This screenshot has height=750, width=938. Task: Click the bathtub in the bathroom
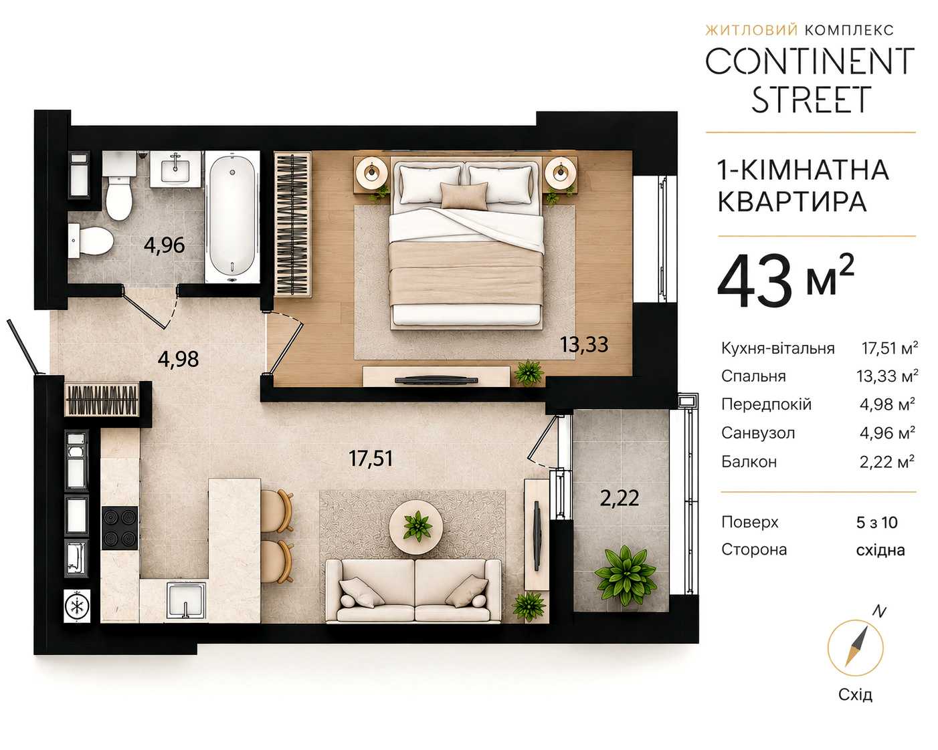point(232,217)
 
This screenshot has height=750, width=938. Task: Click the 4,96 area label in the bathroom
point(165,245)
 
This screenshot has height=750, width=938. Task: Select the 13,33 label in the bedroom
point(585,344)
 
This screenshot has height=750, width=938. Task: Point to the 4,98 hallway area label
point(178,360)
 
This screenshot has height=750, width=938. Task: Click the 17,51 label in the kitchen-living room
point(371,459)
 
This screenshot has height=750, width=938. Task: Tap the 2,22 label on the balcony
point(620,498)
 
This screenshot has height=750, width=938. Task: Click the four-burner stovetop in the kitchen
point(120,528)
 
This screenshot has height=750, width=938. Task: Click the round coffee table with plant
point(416,527)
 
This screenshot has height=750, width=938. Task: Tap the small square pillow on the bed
point(464,195)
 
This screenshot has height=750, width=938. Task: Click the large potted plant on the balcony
point(626,576)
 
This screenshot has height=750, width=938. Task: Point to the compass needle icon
point(855,648)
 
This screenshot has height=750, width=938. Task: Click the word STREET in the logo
point(812,100)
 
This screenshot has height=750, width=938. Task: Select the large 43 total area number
point(755,281)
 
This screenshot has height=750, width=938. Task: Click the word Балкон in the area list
point(749,462)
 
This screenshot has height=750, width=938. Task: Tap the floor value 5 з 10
point(877,522)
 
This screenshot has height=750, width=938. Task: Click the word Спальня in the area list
point(753,376)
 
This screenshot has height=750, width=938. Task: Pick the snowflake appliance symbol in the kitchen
point(77,606)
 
